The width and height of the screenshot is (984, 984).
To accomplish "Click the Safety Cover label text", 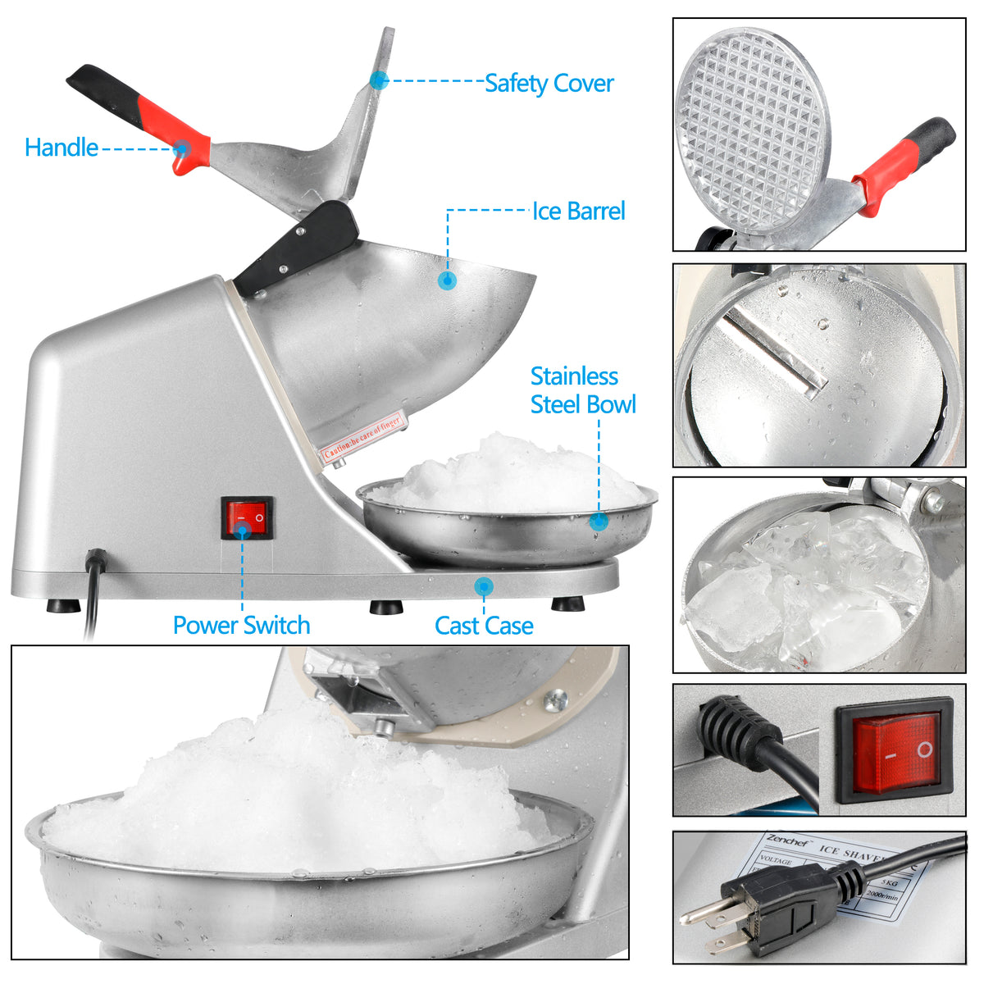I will click(549, 83).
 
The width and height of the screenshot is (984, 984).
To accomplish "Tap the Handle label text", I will click(61, 148).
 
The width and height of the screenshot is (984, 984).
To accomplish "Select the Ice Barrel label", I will click(579, 212).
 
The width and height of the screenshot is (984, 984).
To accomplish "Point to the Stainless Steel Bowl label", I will click(582, 390).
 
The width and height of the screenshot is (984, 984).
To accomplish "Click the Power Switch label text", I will click(241, 626).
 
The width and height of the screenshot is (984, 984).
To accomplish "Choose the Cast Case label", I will click(484, 626).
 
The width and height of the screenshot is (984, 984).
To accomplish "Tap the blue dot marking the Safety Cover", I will click(378, 80).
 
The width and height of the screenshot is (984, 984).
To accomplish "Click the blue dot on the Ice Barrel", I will click(447, 280).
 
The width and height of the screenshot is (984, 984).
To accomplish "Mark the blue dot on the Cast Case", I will click(484, 585).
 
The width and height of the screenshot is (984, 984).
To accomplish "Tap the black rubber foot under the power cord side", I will click(63, 606).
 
